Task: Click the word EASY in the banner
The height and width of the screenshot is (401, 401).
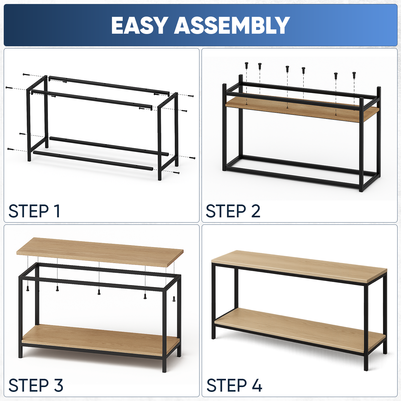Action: click(140, 25)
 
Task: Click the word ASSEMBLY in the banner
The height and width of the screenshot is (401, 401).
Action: click(232, 25)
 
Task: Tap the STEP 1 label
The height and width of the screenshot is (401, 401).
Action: click(34, 211)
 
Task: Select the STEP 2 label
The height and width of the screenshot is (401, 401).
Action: click(233, 211)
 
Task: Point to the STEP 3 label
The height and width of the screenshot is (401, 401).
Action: click(36, 385)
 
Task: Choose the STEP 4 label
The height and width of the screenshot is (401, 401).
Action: click(234, 385)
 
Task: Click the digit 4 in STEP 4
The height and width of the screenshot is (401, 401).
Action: click(257, 385)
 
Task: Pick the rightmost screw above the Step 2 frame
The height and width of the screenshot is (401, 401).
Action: click(354, 75)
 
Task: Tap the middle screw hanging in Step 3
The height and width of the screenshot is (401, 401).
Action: click(99, 292)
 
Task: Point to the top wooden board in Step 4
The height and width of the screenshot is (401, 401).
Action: click(299, 266)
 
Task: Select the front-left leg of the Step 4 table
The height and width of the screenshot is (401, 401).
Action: click(213, 301)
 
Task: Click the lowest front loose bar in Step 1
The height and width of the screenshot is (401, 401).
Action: click(93, 161)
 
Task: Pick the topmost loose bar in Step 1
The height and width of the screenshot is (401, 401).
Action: click(109, 85)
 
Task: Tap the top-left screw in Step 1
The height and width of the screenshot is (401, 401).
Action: click(26, 74)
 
